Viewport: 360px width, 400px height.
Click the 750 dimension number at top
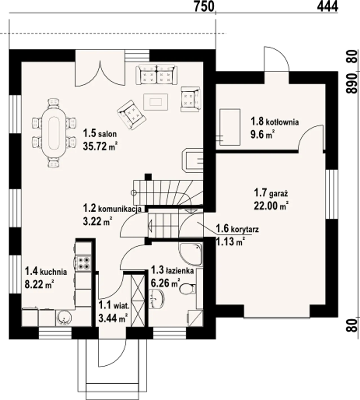pyautogui.click(x=204, y=6)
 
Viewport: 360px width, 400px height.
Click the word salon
pyautogui.click(x=107, y=134)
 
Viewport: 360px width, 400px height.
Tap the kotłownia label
pyautogui.click(x=282, y=122)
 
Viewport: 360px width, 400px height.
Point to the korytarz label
pyautogui.click(x=245, y=230)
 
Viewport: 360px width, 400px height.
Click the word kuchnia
pyautogui.click(x=53, y=272)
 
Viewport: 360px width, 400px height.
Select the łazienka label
pyautogui.click(x=181, y=271)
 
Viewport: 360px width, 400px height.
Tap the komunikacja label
pyautogui.click(x=120, y=209)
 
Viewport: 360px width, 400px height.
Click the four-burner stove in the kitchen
pyautogui.click(x=83, y=263)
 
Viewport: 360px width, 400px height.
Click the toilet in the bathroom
pyautogui.click(x=187, y=289)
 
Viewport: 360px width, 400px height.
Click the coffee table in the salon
pyautogui.click(x=156, y=102)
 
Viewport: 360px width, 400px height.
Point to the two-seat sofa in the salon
pyautogui.click(x=156, y=75)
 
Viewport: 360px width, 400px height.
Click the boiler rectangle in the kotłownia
pyautogui.click(x=230, y=127)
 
